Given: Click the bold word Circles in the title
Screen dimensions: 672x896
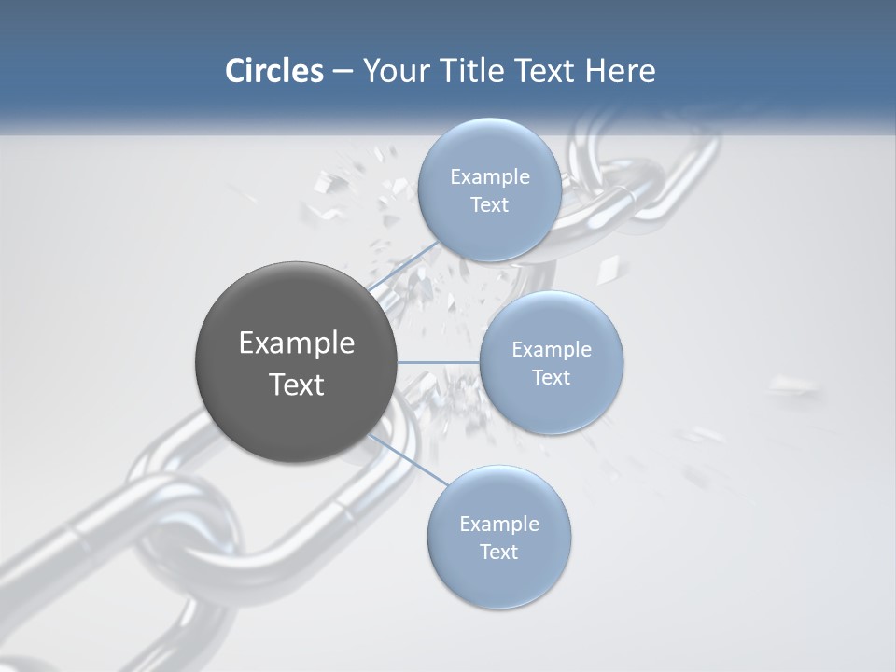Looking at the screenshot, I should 273,71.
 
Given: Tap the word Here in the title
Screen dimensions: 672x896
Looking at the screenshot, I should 620,71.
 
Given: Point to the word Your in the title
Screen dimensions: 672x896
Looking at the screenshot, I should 391,71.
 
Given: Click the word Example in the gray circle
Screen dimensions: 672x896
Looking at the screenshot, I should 297,343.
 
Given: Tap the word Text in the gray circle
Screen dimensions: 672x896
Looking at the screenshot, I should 297,385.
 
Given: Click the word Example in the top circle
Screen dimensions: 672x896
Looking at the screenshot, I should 490,176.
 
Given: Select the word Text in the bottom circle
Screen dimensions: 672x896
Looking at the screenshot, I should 498,552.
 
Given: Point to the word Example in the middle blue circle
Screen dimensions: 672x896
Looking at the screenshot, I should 552,349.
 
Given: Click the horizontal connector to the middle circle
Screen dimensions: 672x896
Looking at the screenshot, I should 438,362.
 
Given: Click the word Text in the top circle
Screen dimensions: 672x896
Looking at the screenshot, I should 489,204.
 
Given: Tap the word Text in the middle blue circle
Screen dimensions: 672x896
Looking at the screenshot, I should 551,377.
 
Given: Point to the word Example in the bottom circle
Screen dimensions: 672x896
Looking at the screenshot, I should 499,524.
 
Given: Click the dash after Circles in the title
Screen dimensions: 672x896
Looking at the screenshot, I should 342,72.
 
